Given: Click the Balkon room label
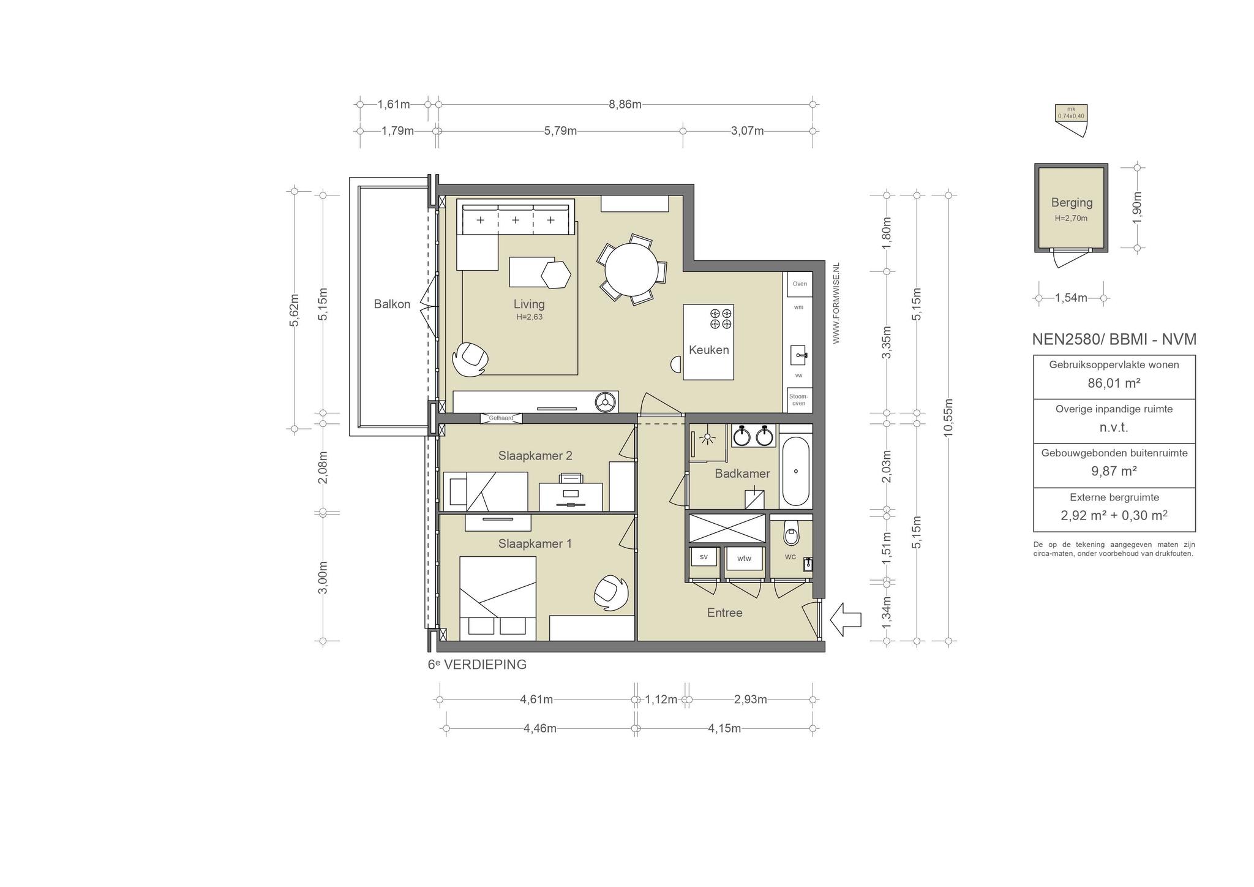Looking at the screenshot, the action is point(392,304).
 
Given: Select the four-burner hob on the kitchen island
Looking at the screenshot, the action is point(721,319).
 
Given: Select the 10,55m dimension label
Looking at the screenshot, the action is point(948,418).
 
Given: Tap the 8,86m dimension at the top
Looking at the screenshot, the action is point(625,104).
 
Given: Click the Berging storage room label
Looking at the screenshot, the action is point(1072,202).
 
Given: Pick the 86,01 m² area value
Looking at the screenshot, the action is point(1114,383).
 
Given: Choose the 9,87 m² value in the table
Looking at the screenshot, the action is point(1114,471).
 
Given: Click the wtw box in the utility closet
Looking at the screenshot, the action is point(744,559).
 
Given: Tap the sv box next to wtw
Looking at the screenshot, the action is point(704,557).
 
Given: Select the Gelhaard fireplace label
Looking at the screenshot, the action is point(501,418).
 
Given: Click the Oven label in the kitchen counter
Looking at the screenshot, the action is point(800,284).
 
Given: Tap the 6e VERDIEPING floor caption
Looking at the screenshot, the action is point(477,665).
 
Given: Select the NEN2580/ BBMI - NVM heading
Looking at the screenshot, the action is point(1114,339).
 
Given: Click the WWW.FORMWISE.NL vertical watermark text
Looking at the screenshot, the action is point(836,303).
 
